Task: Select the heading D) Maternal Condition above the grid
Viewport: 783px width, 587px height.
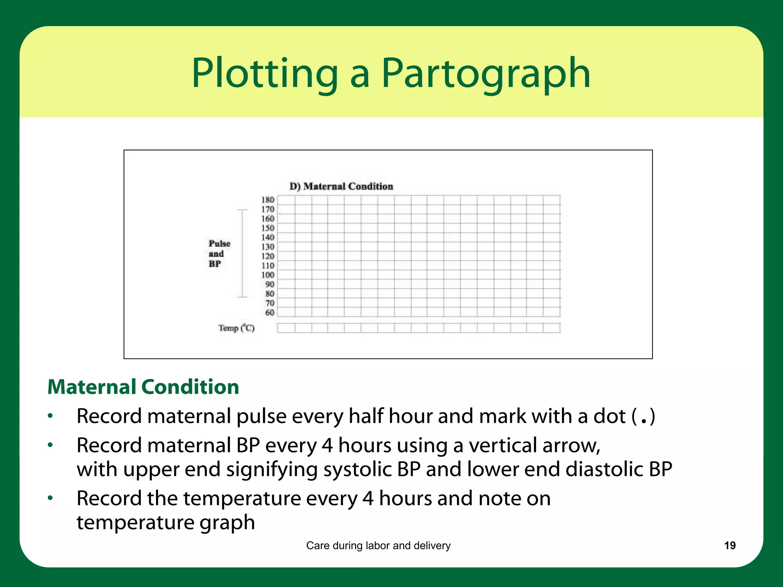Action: [341, 186]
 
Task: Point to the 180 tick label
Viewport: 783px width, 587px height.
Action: [268, 200]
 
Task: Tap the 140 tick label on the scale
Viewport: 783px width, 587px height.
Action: [268, 237]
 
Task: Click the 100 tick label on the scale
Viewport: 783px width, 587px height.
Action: [268, 275]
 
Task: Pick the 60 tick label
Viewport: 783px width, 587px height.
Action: [270, 312]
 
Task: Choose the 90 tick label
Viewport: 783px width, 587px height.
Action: [270, 284]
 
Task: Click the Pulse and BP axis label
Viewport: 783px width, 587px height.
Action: [219, 253]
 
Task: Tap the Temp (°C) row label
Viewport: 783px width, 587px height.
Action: [236, 328]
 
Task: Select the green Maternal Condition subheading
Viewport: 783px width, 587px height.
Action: [143, 387]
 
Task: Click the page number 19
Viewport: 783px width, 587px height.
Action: [729, 545]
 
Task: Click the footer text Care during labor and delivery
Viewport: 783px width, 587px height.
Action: [378, 545]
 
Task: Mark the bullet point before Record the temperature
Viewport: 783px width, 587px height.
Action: [50, 498]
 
